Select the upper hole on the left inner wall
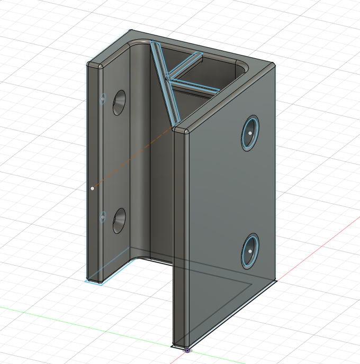click(119, 103)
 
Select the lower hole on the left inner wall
click(119, 221)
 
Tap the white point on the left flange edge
click(93, 188)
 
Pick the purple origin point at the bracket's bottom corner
click(187, 350)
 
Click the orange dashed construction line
click(132, 158)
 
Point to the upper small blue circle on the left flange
click(103, 98)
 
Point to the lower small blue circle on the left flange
click(103, 216)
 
